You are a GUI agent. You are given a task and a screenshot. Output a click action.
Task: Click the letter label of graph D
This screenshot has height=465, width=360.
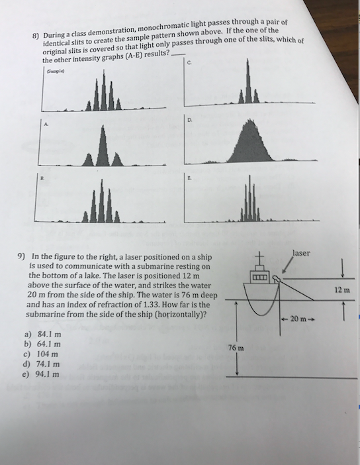coord(190,119)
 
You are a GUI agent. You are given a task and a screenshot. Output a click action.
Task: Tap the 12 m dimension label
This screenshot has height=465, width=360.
coord(343,289)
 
